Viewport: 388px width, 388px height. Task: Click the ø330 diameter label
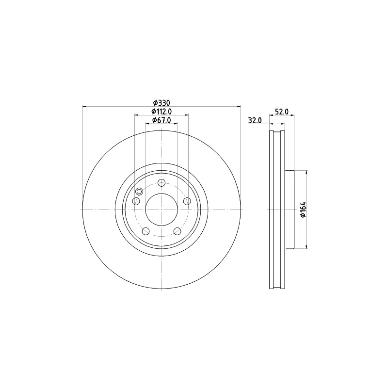tap(162, 103)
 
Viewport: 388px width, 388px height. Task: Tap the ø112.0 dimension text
tap(162, 112)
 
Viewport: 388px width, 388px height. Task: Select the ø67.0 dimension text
tap(162, 120)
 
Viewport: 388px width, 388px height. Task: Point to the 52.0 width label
tap(282, 112)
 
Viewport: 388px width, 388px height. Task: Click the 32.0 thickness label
tap(255, 120)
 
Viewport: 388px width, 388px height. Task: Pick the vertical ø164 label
tap(304, 210)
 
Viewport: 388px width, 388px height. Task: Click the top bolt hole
tap(162, 183)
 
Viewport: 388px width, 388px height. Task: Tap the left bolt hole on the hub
tap(136, 201)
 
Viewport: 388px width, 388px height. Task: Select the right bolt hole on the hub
tap(187, 201)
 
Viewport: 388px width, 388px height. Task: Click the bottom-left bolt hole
tap(146, 231)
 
